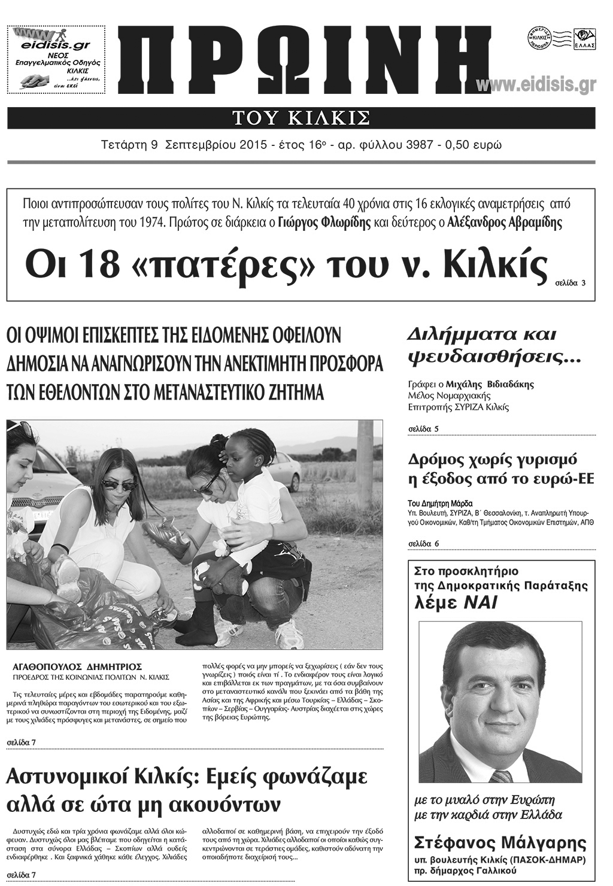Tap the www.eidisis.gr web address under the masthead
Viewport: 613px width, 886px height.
[x=536, y=86]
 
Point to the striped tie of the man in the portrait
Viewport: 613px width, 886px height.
[x=502, y=776]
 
